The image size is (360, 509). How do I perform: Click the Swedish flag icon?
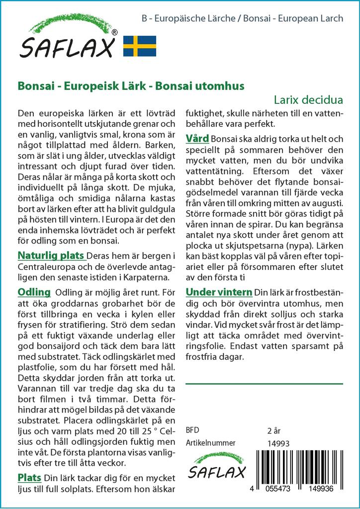[x=140, y=46]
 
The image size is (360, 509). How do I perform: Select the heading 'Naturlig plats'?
[x=50, y=256]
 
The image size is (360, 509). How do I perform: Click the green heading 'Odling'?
[x=34, y=292]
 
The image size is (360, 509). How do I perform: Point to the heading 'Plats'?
[x=29, y=478]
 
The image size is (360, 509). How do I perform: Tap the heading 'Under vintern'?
[x=218, y=291]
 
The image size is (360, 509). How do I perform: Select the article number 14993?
[x=278, y=443]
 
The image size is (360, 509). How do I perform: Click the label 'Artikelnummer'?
[x=210, y=443]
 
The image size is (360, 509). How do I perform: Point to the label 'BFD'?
[x=192, y=430]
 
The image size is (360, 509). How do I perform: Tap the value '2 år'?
[x=274, y=430]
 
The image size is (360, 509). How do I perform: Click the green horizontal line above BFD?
[x=264, y=384]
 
